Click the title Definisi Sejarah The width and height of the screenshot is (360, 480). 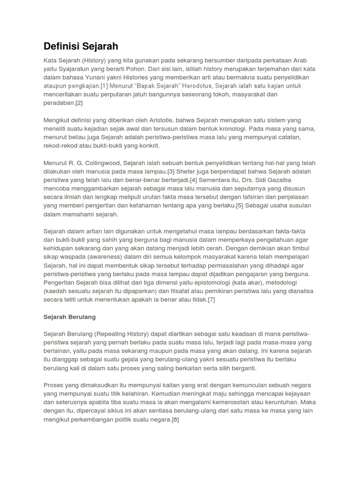(81, 46)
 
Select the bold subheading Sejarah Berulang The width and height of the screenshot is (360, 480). (69, 317)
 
